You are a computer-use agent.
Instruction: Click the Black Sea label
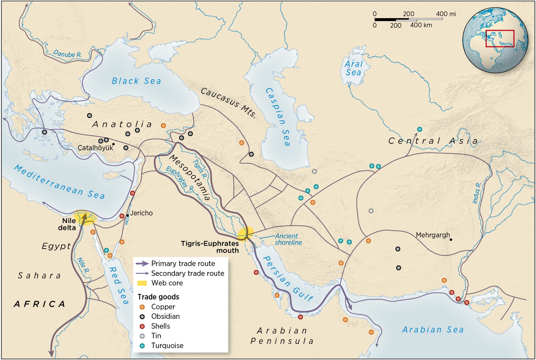pyautogui.click(x=136, y=81)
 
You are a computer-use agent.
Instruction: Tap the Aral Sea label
pyautogui.click(x=353, y=68)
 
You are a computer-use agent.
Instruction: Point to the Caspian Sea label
pyautogui.click(x=278, y=117)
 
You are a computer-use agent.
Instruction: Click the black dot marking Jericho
pyautogui.click(x=127, y=215)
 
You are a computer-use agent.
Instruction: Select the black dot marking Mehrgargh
pyautogui.click(x=451, y=240)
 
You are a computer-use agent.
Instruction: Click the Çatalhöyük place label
pyautogui.click(x=95, y=148)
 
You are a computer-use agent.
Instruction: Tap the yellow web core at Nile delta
pyautogui.click(x=85, y=216)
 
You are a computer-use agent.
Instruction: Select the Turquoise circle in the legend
pyautogui.click(x=142, y=345)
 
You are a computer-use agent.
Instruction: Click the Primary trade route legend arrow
pyautogui.click(x=142, y=264)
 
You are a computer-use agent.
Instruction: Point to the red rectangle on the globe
pyautogui.click(x=499, y=39)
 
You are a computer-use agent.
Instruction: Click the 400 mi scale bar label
pyautogui.click(x=446, y=14)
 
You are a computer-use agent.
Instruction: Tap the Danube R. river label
pyautogui.click(x=67, y=54)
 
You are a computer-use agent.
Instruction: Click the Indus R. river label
pyautogui.click(x=477, y=193)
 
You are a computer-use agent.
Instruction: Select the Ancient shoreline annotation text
pyautogui.click(x=288, y=239)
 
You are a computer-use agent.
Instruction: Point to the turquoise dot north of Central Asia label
pyautogui.click(x=420, y=129)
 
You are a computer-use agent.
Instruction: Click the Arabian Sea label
pyautogui.click(x=433, y=330)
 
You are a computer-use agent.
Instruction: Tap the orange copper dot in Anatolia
pyautogui.click(x=163, y=126)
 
